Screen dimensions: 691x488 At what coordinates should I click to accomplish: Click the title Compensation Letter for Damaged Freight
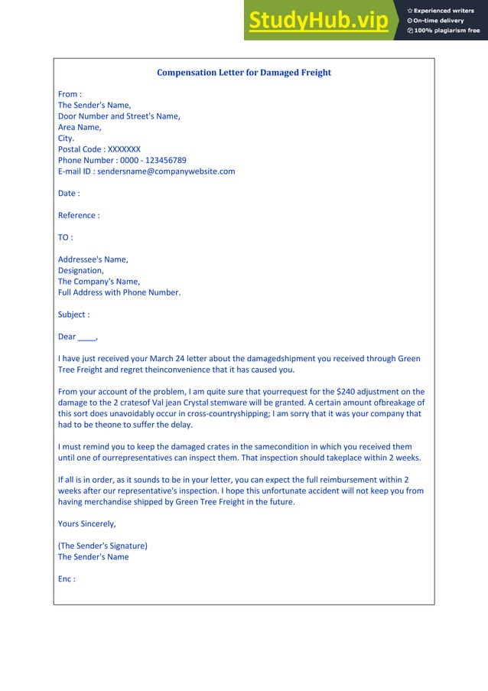point(244,73)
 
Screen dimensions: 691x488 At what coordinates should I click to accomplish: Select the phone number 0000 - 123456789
point(153,161)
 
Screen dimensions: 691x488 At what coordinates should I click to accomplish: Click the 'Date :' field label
point(69,194)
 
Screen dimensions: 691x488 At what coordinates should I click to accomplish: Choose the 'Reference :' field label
point(79,215)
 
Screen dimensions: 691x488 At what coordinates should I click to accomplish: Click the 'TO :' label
point(66,237)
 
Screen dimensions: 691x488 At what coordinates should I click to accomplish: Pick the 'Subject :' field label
point(73,315)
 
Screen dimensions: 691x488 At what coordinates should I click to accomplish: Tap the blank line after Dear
point(87,337)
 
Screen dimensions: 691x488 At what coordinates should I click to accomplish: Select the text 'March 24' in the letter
point(181,359)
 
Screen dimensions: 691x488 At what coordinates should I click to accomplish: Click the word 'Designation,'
point(80,270)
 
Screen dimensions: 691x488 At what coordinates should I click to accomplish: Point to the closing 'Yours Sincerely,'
point(87,524)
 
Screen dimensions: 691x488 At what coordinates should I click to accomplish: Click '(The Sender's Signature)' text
point(102,546)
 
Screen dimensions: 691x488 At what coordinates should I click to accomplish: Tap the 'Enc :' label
point(67,579)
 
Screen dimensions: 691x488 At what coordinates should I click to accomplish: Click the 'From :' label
point(70,94)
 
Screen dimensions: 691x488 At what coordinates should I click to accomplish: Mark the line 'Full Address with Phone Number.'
point(119,292)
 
